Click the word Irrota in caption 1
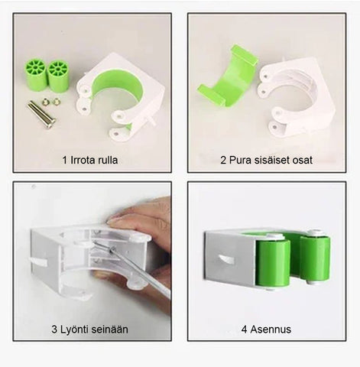[82, 160]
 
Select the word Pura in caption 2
[238, 160]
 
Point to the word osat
[303, 161]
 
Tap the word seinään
[110, 330]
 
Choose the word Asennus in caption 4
[271, 330]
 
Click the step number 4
[245, 330]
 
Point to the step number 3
[54, 330]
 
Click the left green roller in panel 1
[36, 75]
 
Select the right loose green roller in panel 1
[58, 76]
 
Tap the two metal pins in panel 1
[41, 115]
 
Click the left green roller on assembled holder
[273, 262]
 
